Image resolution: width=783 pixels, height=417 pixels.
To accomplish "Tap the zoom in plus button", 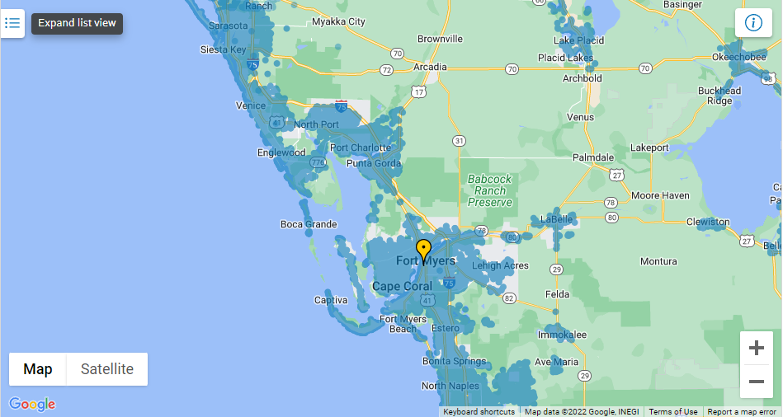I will coord(756,349).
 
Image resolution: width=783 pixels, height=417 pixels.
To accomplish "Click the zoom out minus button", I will coord(756,382).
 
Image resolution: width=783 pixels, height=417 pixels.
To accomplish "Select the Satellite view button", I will coord(107,369).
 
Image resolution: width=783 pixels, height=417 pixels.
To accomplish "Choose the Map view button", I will coord(38,369).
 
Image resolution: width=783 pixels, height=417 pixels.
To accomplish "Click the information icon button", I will coord(753,22).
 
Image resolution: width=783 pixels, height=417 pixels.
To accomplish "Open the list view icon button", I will coord(12,23).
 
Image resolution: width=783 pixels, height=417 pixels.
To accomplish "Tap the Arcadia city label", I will coord(430,67).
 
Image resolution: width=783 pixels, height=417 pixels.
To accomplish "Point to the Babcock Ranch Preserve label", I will coord(489,190).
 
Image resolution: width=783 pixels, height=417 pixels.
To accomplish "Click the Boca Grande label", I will coord(309,224).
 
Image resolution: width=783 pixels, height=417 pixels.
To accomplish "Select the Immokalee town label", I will coord(562,335).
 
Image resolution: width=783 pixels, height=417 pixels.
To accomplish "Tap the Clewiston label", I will coord(708,222).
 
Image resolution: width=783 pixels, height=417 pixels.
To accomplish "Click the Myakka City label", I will coord(338,21).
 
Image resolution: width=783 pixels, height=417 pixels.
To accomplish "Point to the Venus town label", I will coord(580,117).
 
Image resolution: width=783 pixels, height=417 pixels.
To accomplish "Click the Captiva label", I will coord(331,300).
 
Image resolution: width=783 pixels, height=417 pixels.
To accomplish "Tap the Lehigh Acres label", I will coord(500,265).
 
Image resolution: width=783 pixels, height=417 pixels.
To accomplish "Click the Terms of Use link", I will coord(672,412).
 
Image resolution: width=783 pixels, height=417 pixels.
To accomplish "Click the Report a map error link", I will coord(742,412).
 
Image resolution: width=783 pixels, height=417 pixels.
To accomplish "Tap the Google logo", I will coord(32,405).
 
